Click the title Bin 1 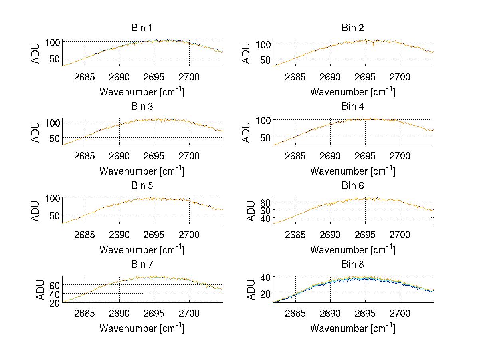[x=141, y=28]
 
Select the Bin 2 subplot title [x=352, y=28]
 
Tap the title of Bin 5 [x=141, y=186]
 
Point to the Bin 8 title [x=352, y=265]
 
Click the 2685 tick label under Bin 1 [x=85, y=77]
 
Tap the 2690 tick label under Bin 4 [x=330, y=156]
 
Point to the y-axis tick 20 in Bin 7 [x=54, y=303]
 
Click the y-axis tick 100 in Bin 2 [x=262, y=44]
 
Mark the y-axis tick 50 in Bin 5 [x=54, y=215]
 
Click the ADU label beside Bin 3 [x=36, y=132]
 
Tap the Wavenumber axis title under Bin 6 [x=352, y=249]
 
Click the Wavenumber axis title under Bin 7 [x=142, y=328]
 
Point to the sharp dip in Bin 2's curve [x=374, y=46]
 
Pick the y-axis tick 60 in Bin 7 [x=54, y=285]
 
